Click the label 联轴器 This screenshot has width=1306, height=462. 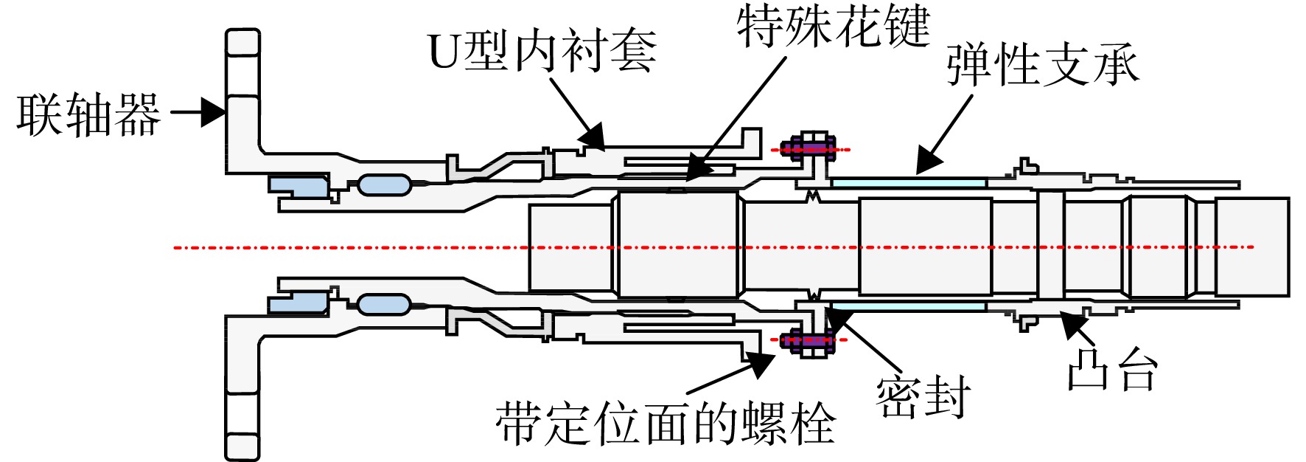pyautogui.click(x=88, y=115)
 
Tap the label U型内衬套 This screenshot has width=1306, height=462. pyautogui.click(x=542, y=50)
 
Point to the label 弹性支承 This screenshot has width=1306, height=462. pyautogui.click(x=1042, y=65)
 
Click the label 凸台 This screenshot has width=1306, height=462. pyautogui.click(x=1112, y=368)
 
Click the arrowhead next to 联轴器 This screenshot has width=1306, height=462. pyautogui.click(x=213, y=113)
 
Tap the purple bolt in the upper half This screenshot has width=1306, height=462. pyautogui.click(x=809, y=149)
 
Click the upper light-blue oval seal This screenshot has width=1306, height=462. pyautogui.click(x=384, y=185)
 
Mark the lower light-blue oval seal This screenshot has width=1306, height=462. pyautogui.click(x=384, y=304)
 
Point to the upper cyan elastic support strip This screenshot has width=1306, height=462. pyautogui.click(x=908, y=182)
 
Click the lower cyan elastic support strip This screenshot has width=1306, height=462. pyautogui.click(x=908, y=305)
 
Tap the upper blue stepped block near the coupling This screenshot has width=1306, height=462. pyautogui.click(x=297, y=186)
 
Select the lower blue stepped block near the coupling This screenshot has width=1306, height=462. pyautogui.click(x=297, y=302)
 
